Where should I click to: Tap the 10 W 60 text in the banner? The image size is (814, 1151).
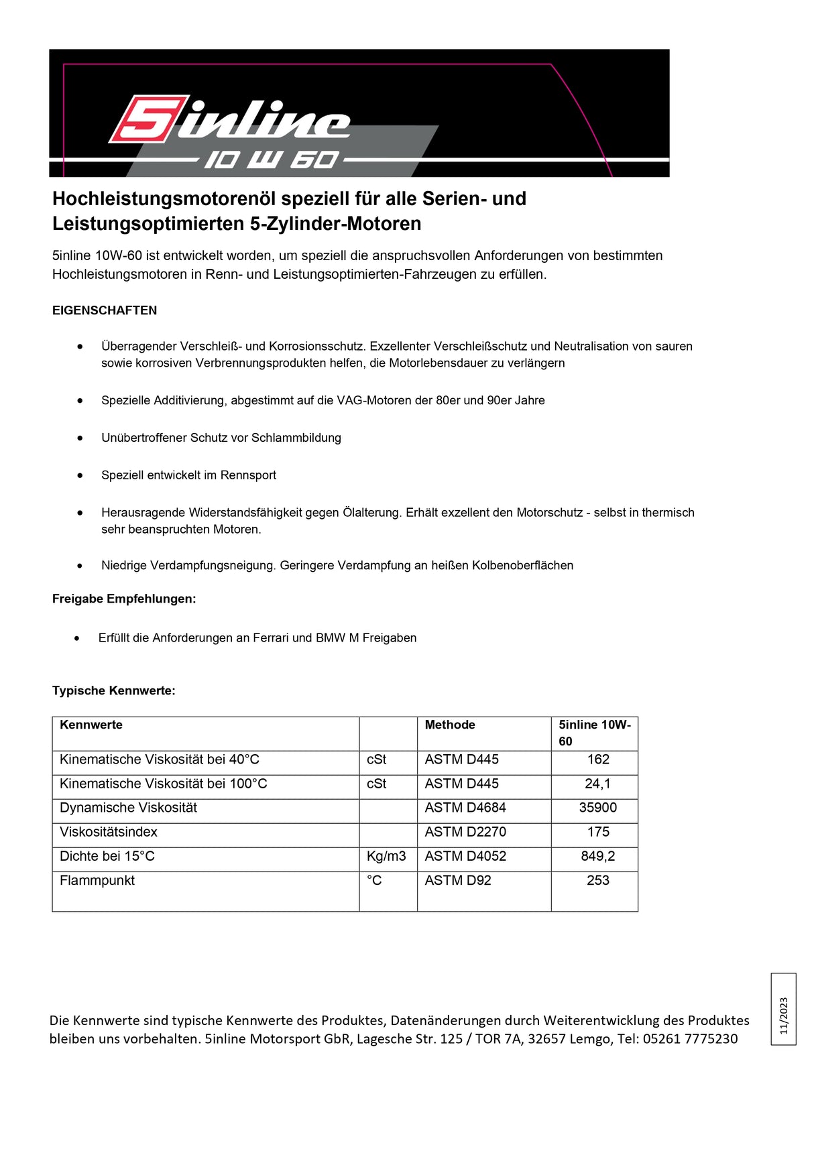tap(272, 160)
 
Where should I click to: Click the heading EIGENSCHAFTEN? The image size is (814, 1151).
tap(105, 310)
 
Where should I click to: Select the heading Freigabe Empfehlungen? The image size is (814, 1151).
tap(124, 599)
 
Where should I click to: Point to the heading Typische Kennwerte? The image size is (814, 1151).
tap(114, 690)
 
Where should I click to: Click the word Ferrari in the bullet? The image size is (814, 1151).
tap(272, 638)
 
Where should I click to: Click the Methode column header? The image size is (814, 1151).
tap(450, 725)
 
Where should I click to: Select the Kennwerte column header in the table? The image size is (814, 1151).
tap(91, 725)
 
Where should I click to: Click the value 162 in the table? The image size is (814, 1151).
tap(598, 760)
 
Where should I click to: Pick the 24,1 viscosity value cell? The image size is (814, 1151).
tap(597, 784)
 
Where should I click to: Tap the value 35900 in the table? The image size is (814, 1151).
tap(597, 808)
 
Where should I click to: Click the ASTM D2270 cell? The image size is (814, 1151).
tap(465, 832)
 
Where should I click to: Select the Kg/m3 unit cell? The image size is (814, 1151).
tap(386, 856)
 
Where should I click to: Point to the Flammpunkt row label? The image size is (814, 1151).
tap(97, 880)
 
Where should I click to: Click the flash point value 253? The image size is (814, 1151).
tap(597, 880)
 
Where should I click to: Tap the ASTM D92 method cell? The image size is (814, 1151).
tap(458, 880)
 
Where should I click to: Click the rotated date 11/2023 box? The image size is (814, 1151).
tap(783, 1009)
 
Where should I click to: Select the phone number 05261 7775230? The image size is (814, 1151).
tap(690, 1039)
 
